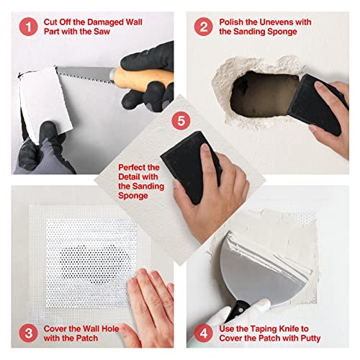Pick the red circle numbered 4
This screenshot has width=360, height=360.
[x=204, y=332]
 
